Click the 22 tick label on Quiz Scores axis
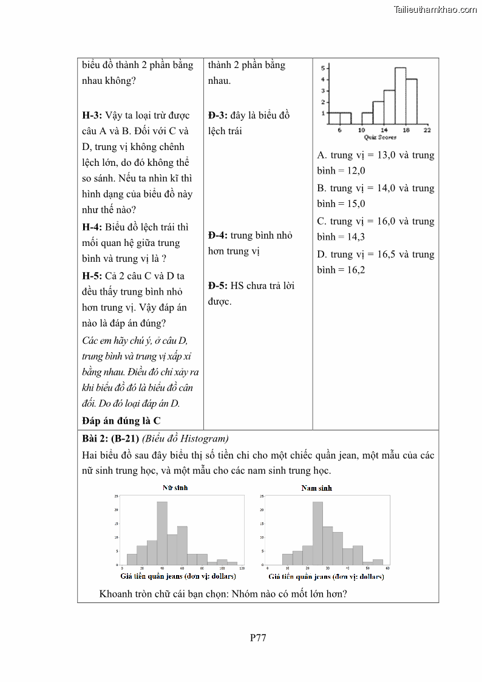point(427,130)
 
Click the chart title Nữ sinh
point(175,488)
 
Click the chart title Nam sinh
point(317,488)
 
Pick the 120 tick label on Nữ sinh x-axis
point(242,568)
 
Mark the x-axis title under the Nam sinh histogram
point(326,577)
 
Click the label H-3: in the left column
point(92,115)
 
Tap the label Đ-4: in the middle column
point(218,235)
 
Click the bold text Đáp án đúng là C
point(121,420)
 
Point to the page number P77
point(258,638)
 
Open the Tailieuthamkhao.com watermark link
point(435,9)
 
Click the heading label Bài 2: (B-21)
point(110,438)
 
